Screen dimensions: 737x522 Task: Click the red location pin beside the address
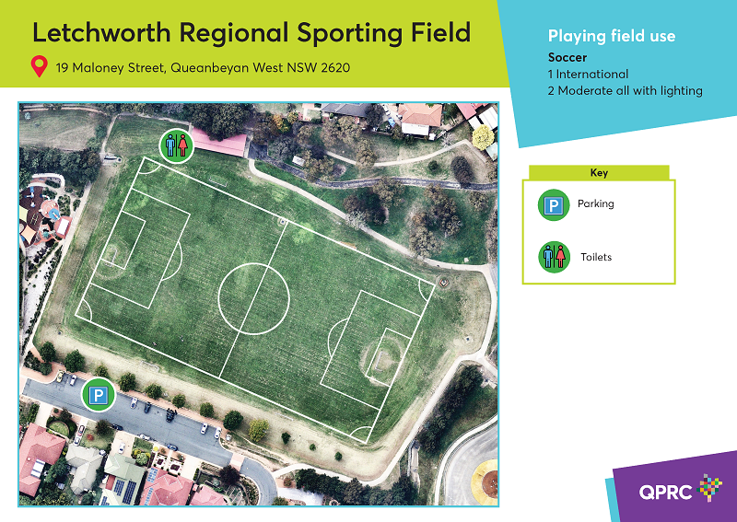40,66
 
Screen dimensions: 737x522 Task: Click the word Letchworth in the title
101,32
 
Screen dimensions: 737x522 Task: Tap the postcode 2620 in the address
335,67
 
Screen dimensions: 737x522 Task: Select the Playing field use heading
612,36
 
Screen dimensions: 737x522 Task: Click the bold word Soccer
567,57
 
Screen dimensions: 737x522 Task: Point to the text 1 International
588,75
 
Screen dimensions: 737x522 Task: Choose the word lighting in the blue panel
682,90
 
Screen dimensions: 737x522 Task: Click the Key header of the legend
599,172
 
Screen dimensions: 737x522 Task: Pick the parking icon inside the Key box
554,205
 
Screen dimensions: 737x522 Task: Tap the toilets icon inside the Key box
555,257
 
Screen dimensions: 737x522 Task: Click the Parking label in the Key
595,203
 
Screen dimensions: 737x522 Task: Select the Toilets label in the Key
596,257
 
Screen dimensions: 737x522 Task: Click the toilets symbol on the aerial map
177,146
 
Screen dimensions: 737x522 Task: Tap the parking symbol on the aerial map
99,395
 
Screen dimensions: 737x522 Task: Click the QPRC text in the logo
665,492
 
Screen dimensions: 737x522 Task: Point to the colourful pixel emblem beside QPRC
710,487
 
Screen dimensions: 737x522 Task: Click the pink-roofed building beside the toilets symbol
219,143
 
